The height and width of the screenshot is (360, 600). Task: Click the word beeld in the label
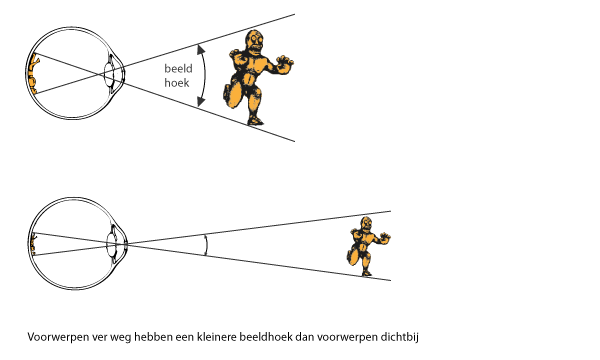tap(178, 68)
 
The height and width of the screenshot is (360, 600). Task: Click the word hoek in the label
tap(177, 83)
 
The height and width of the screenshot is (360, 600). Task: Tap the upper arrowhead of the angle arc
tap(200, 49)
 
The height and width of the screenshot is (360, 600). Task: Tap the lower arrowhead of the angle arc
tap(201, 102)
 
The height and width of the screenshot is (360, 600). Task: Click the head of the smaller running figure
tap(367, 224)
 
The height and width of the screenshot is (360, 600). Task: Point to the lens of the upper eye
tap(109, 74)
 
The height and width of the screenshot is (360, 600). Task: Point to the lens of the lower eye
tap(111, 244)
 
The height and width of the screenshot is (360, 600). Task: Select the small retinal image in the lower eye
tap(34, 244)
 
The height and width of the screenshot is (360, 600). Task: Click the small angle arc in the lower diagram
tap(207, 245)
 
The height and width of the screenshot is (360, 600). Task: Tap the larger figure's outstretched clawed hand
tap(284, 64)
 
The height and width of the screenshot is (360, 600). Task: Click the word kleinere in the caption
tap(217, 337)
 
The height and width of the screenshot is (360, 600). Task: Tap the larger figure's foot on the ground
tap(255, 121)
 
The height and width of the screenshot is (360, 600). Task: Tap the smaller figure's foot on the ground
tap(367, 273)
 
